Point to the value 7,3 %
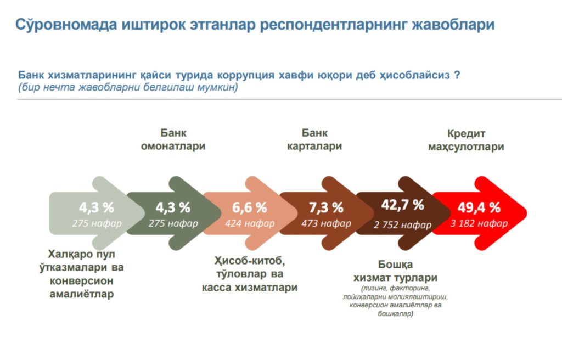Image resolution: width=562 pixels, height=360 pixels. (326, 207)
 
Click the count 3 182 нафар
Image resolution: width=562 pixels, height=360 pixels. (479, 223)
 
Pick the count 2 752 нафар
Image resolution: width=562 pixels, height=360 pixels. (403, 225)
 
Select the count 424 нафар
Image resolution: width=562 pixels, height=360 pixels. (250, 223)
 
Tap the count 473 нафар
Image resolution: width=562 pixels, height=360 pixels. (326, 223)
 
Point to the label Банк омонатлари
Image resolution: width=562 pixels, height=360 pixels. (173, 140)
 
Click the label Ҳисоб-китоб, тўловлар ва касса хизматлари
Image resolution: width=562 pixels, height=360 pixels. (250, 273)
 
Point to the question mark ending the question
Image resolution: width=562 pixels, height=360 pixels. (457, 75)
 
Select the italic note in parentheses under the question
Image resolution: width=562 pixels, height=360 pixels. (128, 87)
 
